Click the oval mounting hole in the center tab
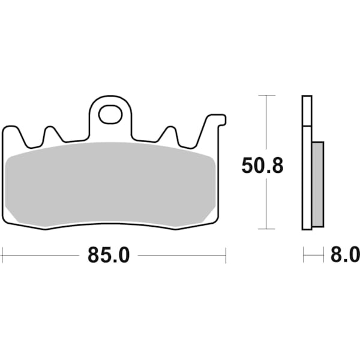click(x=110, y=114)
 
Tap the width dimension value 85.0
click(x=109, y=255)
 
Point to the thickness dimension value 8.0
click(x=345, y=255)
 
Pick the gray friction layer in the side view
click(x=318, y=184)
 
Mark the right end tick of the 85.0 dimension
click(x=226, y=255)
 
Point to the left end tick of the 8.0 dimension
click(x=304, y=255)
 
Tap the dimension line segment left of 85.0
click(x=42, y=255)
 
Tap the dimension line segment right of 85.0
click(x=180, y=255)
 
